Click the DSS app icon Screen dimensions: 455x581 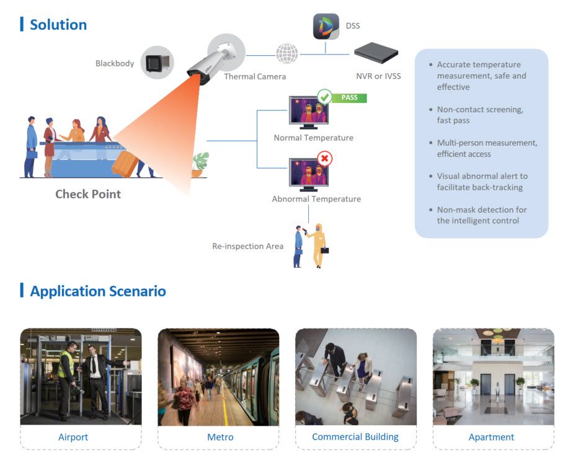point(326,27)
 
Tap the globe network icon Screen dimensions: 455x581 point(286,53)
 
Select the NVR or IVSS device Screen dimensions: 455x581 point(376,53)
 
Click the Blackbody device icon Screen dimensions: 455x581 point(157,63)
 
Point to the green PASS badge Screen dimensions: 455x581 point(350,97)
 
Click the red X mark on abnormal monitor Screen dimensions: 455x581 point(324,159)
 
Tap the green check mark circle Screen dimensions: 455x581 point(324,97)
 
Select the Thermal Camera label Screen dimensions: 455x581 point(254,76)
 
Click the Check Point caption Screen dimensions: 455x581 point(88,194)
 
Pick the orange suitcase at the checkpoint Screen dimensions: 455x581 point(126,163)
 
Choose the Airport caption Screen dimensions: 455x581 point(73,437)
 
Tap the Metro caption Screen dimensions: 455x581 point(220,437)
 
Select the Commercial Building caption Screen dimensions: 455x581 point(355,437)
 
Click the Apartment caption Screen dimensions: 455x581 point(492,437)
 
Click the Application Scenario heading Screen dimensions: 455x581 point(98,291)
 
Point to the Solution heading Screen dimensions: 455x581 point(58,25)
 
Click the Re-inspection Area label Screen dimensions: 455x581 point(248,246)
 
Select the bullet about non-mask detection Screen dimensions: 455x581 point(481,215)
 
